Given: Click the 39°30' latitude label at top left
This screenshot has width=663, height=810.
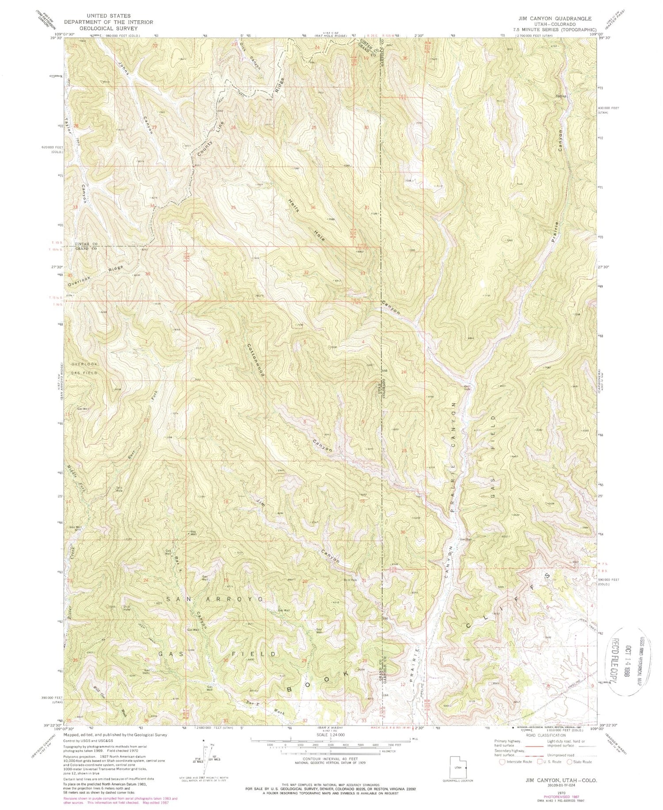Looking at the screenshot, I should coord(56,39).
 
